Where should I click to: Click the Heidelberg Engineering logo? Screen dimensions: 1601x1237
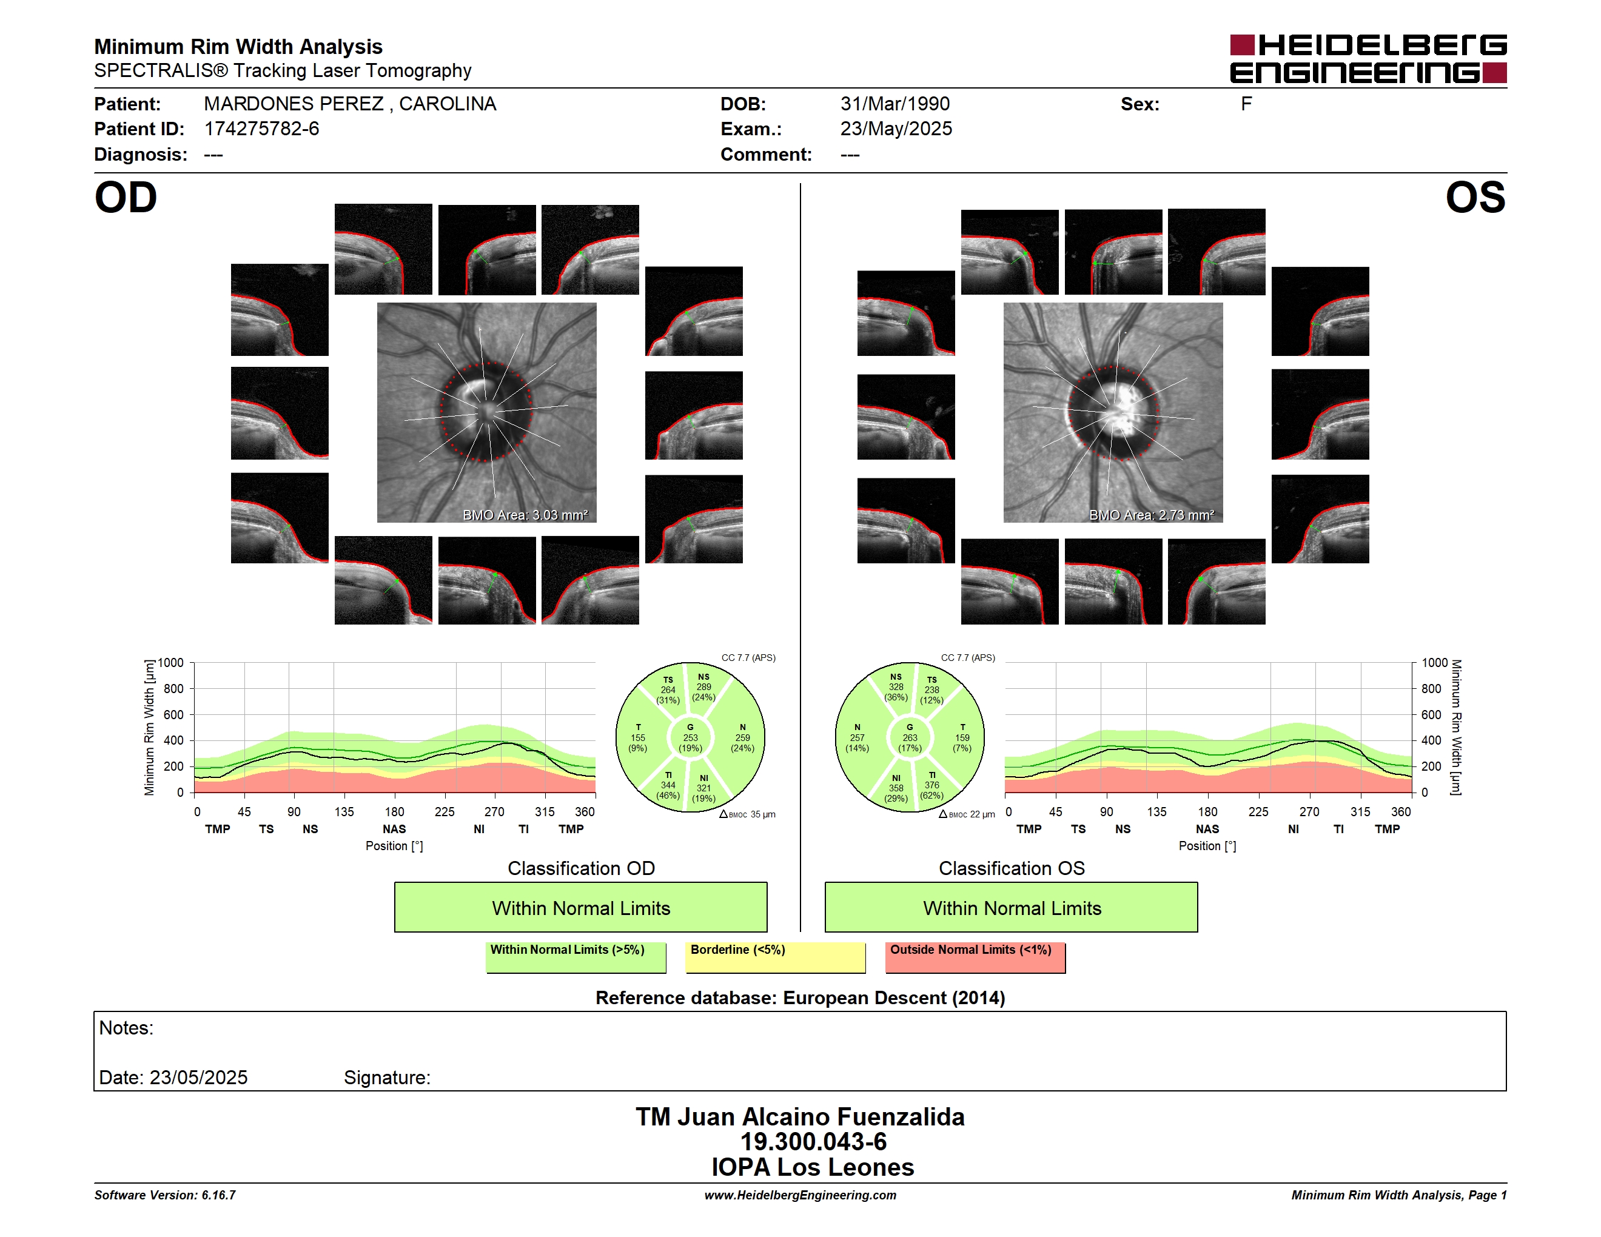point(1368,59)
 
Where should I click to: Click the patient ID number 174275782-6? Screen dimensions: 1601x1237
point(262,129)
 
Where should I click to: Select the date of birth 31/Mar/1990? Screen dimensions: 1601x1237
point(895,104)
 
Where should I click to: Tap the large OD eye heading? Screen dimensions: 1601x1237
point(126,198)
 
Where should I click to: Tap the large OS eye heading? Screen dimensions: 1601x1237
point(1475,198)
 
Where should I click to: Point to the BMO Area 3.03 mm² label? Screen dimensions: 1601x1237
point(525,515)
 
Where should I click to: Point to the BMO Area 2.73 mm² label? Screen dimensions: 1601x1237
point(1151,515)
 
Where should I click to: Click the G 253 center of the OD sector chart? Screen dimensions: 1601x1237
point(690,738)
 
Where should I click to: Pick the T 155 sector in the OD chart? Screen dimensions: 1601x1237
point(638,738)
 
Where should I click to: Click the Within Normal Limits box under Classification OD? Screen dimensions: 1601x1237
point(580,907)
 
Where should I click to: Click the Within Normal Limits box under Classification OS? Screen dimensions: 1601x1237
point(1012,907)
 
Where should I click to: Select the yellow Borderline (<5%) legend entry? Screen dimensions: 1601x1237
point(776,957)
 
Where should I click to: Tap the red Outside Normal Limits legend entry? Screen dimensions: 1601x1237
point(975,957)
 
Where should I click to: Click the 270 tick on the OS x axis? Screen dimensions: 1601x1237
point(1309,812)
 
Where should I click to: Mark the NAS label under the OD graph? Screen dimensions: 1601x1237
point(394,830)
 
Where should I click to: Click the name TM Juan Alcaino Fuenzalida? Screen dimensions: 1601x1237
point(800,1117)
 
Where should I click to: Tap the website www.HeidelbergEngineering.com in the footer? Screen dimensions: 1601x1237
point(800,1195)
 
